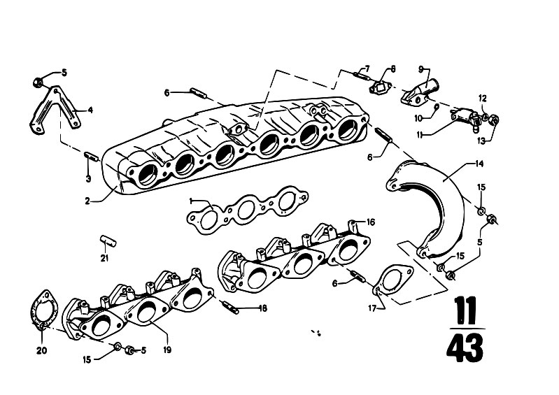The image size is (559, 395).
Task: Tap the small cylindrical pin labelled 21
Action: click(x=108, y=240)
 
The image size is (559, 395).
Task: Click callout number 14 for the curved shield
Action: click(x=479, y=164)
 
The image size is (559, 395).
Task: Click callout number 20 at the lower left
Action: click(x=42, y=351)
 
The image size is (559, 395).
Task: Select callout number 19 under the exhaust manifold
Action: click(x=167, y=350)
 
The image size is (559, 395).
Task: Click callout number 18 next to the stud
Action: click(x=263, y=308)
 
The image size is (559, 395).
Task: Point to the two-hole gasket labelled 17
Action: click(x=393, y=280)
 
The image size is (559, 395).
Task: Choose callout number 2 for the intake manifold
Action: click(x=87, y=201)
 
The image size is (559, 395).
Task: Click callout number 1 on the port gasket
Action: click(x=191, y=201)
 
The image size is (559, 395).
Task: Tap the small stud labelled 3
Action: click(x=92, y=157)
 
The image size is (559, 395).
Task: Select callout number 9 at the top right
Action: click(x=420, y=69)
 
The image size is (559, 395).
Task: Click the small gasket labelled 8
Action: click(x=380, y=86)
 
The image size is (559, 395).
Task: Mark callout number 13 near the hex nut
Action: click(x=481, y=141)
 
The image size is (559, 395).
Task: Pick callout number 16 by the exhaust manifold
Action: click(x=371, y=222)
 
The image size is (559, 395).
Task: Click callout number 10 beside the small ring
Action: click(x=418, y=118)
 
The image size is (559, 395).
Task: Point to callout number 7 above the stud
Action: click(x=367, y=69)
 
